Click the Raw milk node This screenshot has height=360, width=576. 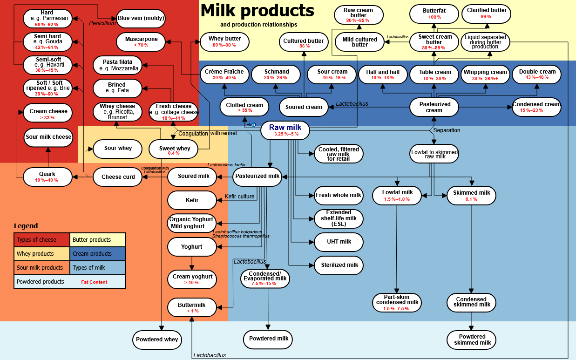click(285, 130)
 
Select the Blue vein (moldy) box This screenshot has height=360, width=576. click(141, 19)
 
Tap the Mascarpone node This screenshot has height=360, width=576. click(141, 41)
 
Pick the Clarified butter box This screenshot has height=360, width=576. click(486, 14)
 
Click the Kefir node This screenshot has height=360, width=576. click(192, 200)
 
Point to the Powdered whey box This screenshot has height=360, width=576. click(157, 340)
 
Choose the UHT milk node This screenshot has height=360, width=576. click(339, 242)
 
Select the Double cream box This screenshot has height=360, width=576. click(537, 75)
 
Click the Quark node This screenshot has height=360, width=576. click(47, 177)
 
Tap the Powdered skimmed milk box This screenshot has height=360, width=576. click(471, 340)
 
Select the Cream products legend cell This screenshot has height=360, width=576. click(98, 254)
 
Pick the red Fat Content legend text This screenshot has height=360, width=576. click(94, 282)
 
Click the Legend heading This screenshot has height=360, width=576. click(26, 226)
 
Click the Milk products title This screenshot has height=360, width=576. click(257, 11)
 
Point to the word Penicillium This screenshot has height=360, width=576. click(102, 23)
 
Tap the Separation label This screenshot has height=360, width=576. click(447, 130)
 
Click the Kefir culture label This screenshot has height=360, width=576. click(239, 196)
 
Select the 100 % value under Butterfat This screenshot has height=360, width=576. click(434, 17)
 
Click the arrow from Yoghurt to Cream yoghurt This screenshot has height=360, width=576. click(192, 263)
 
